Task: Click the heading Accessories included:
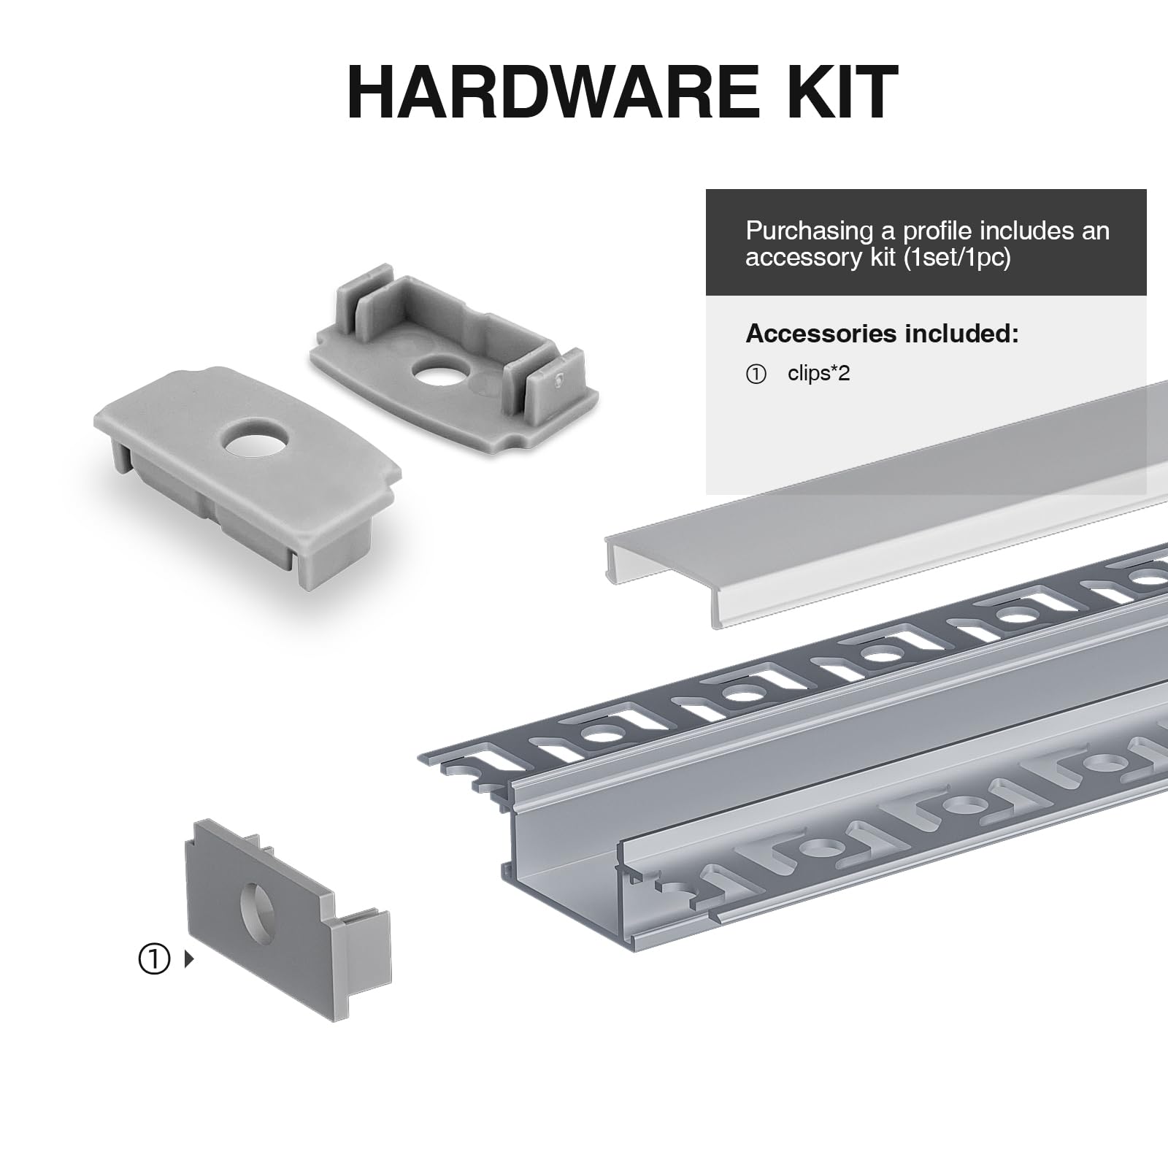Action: point(881,334)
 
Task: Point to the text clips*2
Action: point(818,374)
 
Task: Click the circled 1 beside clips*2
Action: point(756,374)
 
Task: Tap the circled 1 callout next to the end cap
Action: point(153,959)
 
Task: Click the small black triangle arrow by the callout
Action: point(189,959)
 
